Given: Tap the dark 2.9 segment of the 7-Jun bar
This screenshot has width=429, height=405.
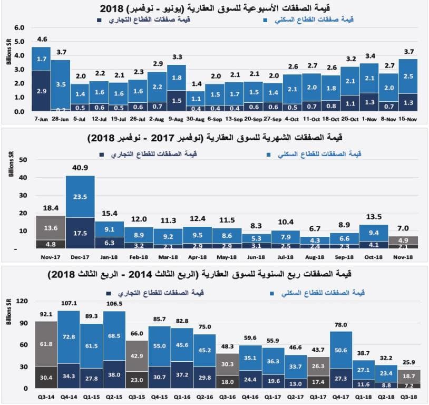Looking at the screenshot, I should (41, 91).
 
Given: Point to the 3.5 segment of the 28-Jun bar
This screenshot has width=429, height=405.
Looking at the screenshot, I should (61, 84).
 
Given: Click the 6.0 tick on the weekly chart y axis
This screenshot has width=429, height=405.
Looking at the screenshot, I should (19, 27).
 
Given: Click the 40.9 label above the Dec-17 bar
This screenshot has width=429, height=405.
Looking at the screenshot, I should (80, 168).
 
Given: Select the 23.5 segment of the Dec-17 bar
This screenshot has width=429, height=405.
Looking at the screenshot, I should (80, 197).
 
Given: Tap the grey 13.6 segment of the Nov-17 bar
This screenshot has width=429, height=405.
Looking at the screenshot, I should (51, 228).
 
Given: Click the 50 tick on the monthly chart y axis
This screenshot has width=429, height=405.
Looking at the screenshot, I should (23, 159).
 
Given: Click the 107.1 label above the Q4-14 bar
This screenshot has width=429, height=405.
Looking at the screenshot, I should (69, 303).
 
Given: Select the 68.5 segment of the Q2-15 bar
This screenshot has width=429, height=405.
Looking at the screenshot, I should (114, 336).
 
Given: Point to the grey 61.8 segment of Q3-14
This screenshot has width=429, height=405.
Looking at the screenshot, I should (46, 344).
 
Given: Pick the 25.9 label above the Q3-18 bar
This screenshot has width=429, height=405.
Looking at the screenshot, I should (409, 363).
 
